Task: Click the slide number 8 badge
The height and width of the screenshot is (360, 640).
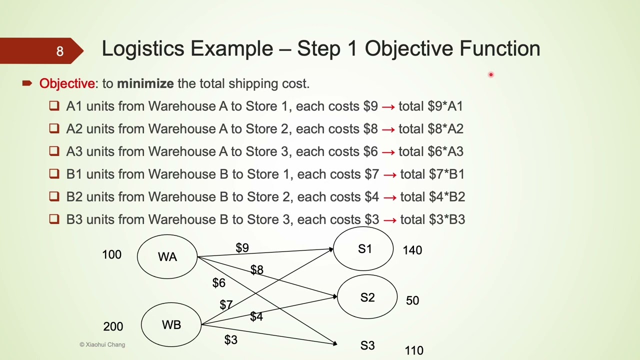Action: pos(59,51)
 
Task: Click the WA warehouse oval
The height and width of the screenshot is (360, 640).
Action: pos(167,256)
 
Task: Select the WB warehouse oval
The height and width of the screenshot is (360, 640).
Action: pos(171,325)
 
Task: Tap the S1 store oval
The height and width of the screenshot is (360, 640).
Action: pos(363,249)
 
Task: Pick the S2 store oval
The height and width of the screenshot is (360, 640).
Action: pos(367,297)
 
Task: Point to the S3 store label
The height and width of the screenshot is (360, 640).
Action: pos(367,345)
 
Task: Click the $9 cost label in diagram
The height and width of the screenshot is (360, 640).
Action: pos(242,248)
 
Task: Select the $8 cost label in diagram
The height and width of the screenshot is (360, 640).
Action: pos(256,270)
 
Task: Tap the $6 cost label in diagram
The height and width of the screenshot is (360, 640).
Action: pos(219,283)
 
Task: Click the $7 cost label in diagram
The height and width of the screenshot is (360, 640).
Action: pos(226,304)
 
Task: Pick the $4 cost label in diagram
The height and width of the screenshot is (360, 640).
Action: pos(256,316)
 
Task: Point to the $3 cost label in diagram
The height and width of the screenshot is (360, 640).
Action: pos(230,340)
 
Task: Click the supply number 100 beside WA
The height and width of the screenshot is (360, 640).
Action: pos(111,254)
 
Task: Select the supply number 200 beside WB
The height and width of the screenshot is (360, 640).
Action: pos(113,326)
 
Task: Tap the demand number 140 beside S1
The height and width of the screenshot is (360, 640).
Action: pos(412,250)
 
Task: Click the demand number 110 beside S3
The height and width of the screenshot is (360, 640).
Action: pos(413,351)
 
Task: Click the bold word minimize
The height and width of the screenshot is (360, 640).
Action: pos(145,83)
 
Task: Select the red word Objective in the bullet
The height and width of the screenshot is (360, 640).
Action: pos(67,83)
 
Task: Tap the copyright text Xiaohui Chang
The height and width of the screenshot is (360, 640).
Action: pos(102,344)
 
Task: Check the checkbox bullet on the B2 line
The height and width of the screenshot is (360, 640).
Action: pos(54,196)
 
